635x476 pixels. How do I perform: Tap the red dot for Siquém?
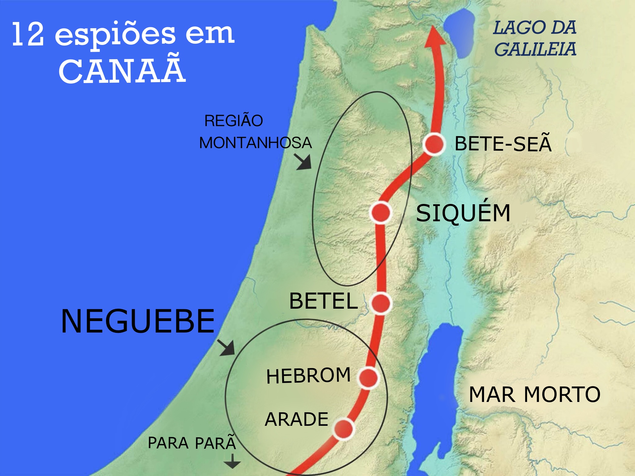pos(381,213)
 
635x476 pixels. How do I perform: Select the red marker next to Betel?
pos(381,303)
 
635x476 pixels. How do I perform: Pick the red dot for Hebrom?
pos(368,378)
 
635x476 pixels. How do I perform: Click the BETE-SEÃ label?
pos(503,144)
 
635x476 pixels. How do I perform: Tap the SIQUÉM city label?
pos(463,213)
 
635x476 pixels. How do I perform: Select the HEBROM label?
pos(309,376)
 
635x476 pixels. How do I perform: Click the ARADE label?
pos(297,420)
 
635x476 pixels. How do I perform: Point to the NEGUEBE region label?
pos(138,321)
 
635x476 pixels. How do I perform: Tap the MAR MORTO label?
pos(535,394)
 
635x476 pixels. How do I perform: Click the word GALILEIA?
pos(535,49)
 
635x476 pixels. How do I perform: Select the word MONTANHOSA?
pos(255,143)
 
